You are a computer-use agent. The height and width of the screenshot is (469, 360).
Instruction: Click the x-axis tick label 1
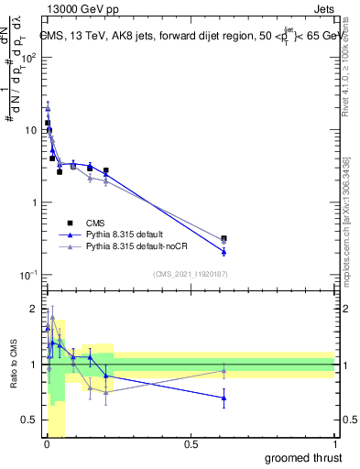334,445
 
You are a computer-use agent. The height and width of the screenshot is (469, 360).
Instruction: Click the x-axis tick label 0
47,445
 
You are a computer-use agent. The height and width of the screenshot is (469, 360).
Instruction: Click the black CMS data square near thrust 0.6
224,238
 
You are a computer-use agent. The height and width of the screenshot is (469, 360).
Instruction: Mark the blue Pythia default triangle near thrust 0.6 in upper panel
224,251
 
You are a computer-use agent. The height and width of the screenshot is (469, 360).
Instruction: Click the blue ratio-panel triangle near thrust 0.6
224,398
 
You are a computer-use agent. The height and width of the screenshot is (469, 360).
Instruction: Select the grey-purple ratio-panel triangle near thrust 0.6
224,370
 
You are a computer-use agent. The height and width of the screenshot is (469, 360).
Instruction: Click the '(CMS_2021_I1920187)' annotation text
191,273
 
